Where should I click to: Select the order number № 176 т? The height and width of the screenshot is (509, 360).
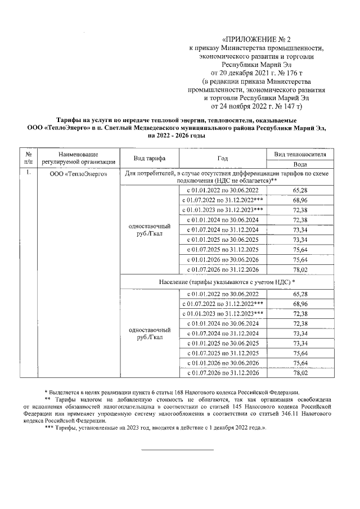coord(290,73)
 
